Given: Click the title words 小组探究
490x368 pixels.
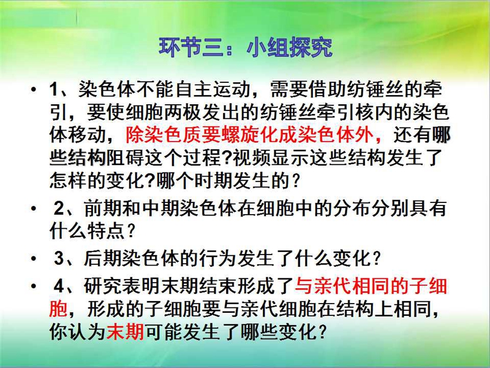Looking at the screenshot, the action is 289,47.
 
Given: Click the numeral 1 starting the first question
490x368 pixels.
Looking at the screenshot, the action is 54,89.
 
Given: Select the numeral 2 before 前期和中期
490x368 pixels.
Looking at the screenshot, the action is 59,208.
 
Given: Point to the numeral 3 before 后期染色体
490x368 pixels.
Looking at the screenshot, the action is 59,258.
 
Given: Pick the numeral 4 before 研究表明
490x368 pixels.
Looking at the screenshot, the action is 59,286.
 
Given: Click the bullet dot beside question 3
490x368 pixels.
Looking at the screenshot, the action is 34,259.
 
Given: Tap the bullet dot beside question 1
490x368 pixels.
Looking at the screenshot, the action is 34,90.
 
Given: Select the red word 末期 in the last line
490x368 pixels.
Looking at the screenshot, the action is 126,332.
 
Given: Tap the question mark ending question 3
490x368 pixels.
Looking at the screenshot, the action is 377,259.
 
